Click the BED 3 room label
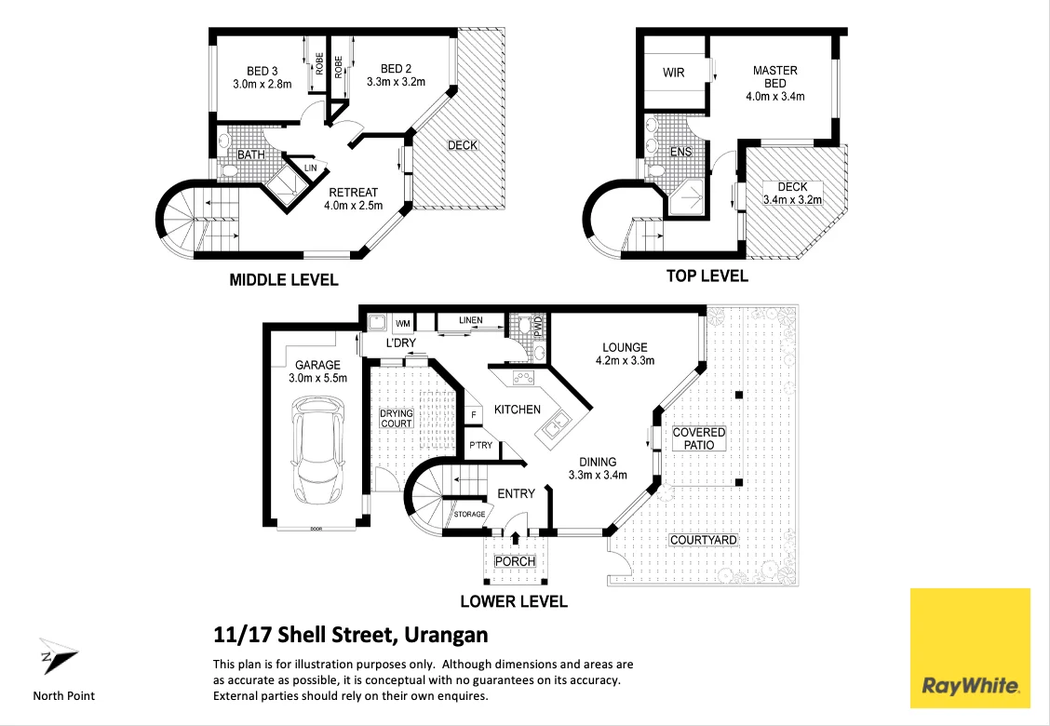pos(262,71)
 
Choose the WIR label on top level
pos(673,73)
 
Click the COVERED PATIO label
pos(698,438)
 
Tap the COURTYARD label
pos(703,540)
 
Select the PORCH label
pos(514,561)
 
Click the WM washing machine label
pos(403,323)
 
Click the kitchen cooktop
pos(521,378)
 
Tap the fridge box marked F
pos(473,414)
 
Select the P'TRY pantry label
pos(480,446)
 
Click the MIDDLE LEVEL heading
pos(284,279)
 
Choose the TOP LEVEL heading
pos(707,276)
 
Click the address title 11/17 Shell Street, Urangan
pos(350,636)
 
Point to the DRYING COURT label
pos(396,418)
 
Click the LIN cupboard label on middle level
pos(310,168)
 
